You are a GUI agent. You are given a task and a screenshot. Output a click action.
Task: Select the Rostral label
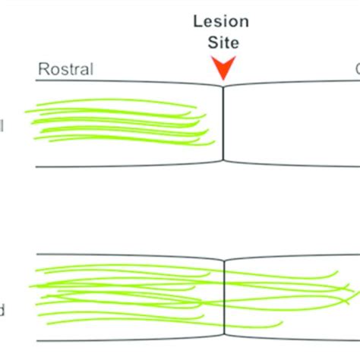click(x=65, y=71)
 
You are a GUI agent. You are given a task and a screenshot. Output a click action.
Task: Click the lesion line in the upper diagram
click(x=223, y=122)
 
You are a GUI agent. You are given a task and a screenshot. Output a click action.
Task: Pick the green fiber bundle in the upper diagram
click(x=114, y=122)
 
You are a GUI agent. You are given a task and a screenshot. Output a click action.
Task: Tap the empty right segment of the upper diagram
click(x=292, y=122)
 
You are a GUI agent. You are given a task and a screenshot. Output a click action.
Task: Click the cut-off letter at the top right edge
click(x=356, y=71)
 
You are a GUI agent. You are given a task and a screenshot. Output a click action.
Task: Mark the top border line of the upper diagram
click(x=114, y=81)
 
